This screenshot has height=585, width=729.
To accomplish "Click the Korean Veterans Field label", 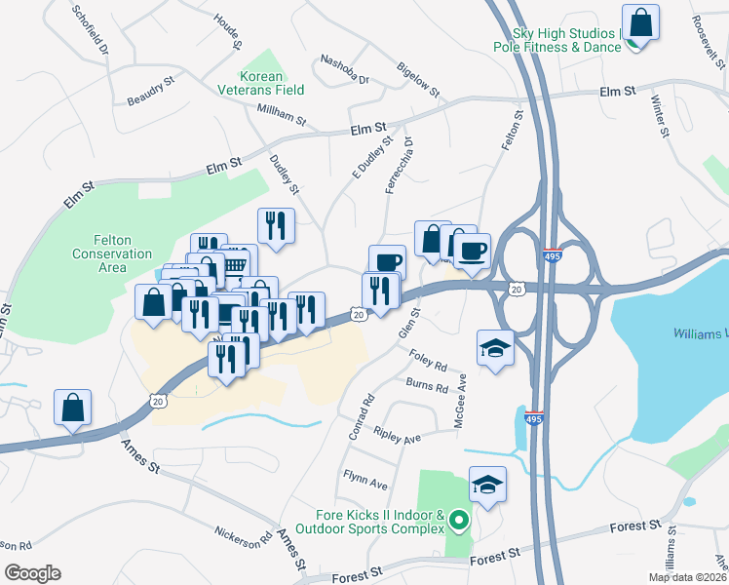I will click(273, 83).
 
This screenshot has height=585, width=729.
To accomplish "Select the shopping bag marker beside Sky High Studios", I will click(640, 21).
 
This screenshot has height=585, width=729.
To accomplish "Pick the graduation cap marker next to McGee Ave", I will click(495, 348).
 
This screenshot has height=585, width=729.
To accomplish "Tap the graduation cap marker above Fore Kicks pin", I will click(488, 484).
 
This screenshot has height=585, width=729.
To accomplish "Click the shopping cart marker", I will click(234, 264).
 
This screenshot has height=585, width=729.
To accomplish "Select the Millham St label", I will click(281, 118).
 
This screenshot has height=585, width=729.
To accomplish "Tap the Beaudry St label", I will click(150, 92).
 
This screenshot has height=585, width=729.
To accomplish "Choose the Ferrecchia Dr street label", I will click(401, 165).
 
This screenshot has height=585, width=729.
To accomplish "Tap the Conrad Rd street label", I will click(359, 415).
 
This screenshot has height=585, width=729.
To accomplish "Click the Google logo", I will click(33, 572).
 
